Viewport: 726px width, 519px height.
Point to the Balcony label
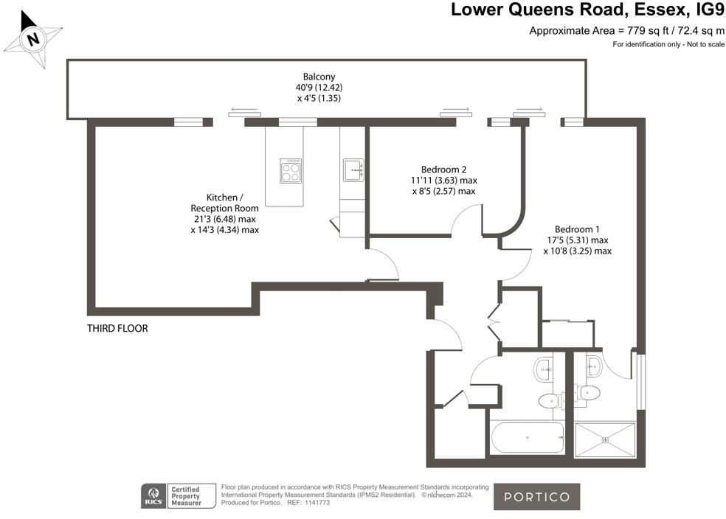pos(319,77)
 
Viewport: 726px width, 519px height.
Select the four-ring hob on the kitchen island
pos(291,170)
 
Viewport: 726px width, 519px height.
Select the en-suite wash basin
pos(592,363)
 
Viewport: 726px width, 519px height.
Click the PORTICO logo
pos(536,496)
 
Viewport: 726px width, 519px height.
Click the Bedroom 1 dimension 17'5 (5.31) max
pos(577,240)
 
